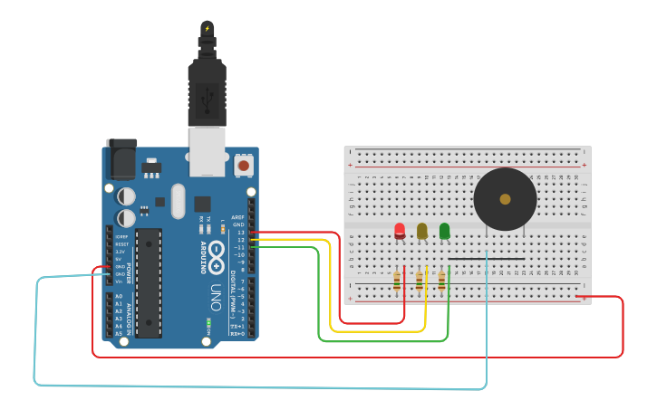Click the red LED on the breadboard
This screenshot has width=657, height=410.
[x=400, y=230]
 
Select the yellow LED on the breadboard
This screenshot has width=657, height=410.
[x=421, y=231]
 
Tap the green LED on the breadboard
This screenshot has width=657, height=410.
[x=444, y=231]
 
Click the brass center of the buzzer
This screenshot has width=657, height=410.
[x=505, y=199]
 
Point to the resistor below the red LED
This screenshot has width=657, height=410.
[x=397, y=281]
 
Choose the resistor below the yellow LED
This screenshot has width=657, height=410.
[x=419, y=281]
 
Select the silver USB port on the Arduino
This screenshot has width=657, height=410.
[x=207, y=150]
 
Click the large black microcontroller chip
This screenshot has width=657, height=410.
[x=149, y=280]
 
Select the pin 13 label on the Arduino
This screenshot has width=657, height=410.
[x=240, y=233]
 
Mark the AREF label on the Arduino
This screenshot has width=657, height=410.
[x=238, y=217]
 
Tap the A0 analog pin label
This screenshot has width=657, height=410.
[x=119, y=296]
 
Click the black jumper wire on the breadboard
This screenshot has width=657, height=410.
[x=486, y=259]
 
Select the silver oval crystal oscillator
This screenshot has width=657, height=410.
[x=177, y=200]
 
